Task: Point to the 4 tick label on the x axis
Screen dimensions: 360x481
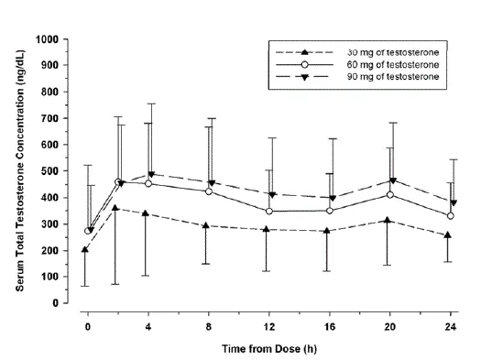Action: [148, 324]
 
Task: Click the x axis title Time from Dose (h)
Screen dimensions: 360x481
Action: [269, 349]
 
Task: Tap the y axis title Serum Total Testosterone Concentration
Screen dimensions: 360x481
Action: [20, 171]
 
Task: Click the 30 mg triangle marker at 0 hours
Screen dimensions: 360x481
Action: [85, 249]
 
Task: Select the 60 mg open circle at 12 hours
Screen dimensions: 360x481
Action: [268, 212]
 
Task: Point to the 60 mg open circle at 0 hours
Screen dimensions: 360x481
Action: [88, 231]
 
